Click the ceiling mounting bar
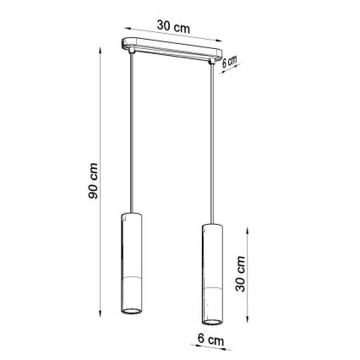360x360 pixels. tap(174, 48)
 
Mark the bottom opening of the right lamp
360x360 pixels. tap(211, 323)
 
